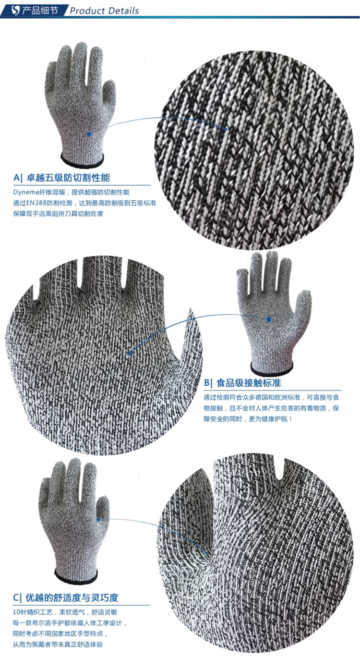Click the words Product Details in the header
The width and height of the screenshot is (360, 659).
click(x=104, y=11)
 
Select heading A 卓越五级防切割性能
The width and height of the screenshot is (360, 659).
click(x=61, y=178)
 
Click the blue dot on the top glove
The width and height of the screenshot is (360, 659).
click(x=89, y=134)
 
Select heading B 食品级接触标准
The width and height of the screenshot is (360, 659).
click(x=243, y=383)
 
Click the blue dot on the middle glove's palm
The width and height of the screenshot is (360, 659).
click(x=268, y=319)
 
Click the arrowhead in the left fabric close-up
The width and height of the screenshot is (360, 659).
click(x=130, y=354)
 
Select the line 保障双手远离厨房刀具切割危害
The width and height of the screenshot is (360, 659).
click(x=58, y=214)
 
